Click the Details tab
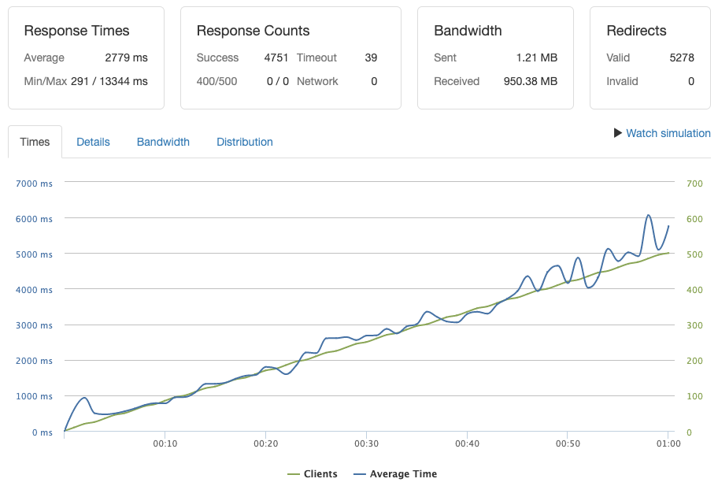tap(93, 142)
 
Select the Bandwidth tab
tap(163, 142)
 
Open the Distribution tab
tap(244, 142)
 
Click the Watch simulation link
tap(668, 133)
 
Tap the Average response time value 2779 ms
tap(126, 58)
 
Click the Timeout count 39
tap(371, 58)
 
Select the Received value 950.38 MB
tap(530, 81)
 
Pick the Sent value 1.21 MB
tap(537, 58)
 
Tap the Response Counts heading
tap(253, 31)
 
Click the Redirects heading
tap(636, 31)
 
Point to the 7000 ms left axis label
tap(34, 184)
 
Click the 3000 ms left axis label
tap(34, 325)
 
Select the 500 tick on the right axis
tap(694, 254)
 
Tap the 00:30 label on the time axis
tap(366, 444)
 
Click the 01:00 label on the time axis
tap(668, 444)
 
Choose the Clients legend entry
tap(313, 474)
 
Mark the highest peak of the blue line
tap(649, 215)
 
